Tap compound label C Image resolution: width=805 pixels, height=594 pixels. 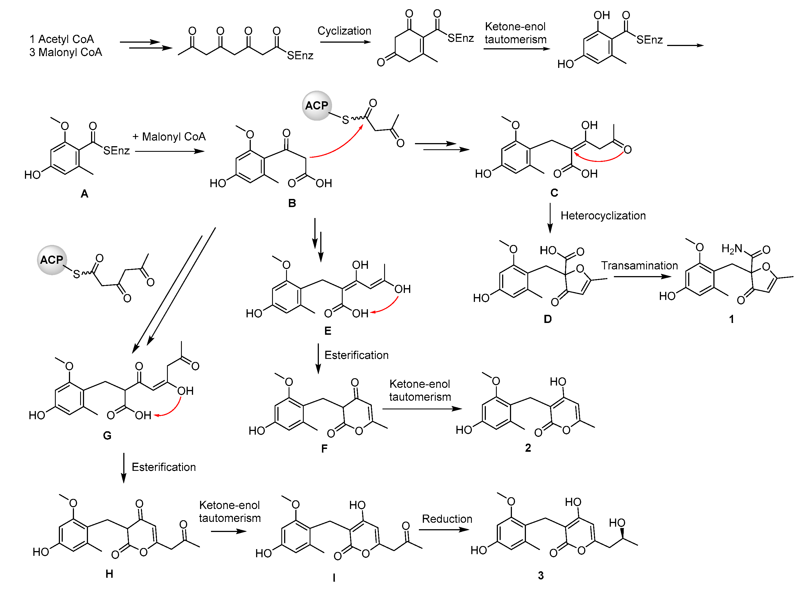tap(554, 193)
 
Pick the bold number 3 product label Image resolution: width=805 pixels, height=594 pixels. tap(540, 575)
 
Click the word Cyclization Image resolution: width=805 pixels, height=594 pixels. tap(344, 31)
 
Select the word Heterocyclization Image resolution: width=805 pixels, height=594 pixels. tap(603, 215)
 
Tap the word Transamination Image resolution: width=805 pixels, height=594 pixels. tap(639, 265)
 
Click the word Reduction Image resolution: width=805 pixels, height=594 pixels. tap(447, 519)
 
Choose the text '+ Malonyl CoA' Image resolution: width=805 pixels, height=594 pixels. tap(169, 136)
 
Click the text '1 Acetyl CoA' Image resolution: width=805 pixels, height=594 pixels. tap(61, 39)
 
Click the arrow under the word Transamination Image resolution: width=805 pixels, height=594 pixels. tap(642, 276)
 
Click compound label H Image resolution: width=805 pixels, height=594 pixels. tap(109, 574)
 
